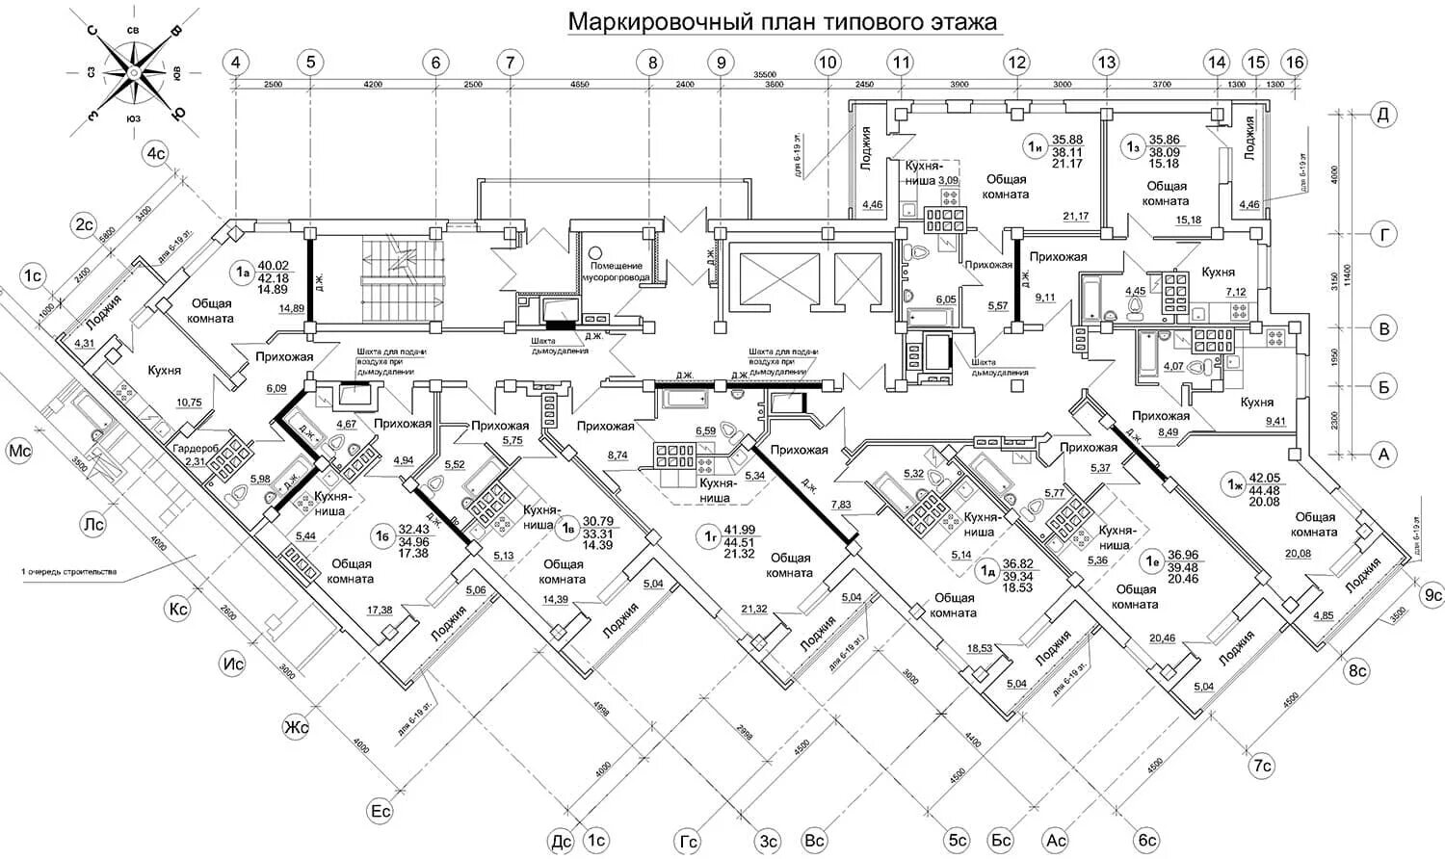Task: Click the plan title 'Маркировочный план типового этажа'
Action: [x=782, y=21]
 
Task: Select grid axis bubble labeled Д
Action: [x=1383, y=115]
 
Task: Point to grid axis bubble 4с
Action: [x=155, y=153]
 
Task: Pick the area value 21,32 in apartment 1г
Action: [x=754, y=609]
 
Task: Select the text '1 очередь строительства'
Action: [x=68, y=572]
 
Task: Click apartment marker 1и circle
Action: [x=1036, y=147]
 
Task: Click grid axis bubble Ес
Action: [x=381, y=811]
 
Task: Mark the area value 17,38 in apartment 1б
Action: [x=380, y=610]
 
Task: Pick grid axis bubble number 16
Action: [x=1294, y=63]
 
